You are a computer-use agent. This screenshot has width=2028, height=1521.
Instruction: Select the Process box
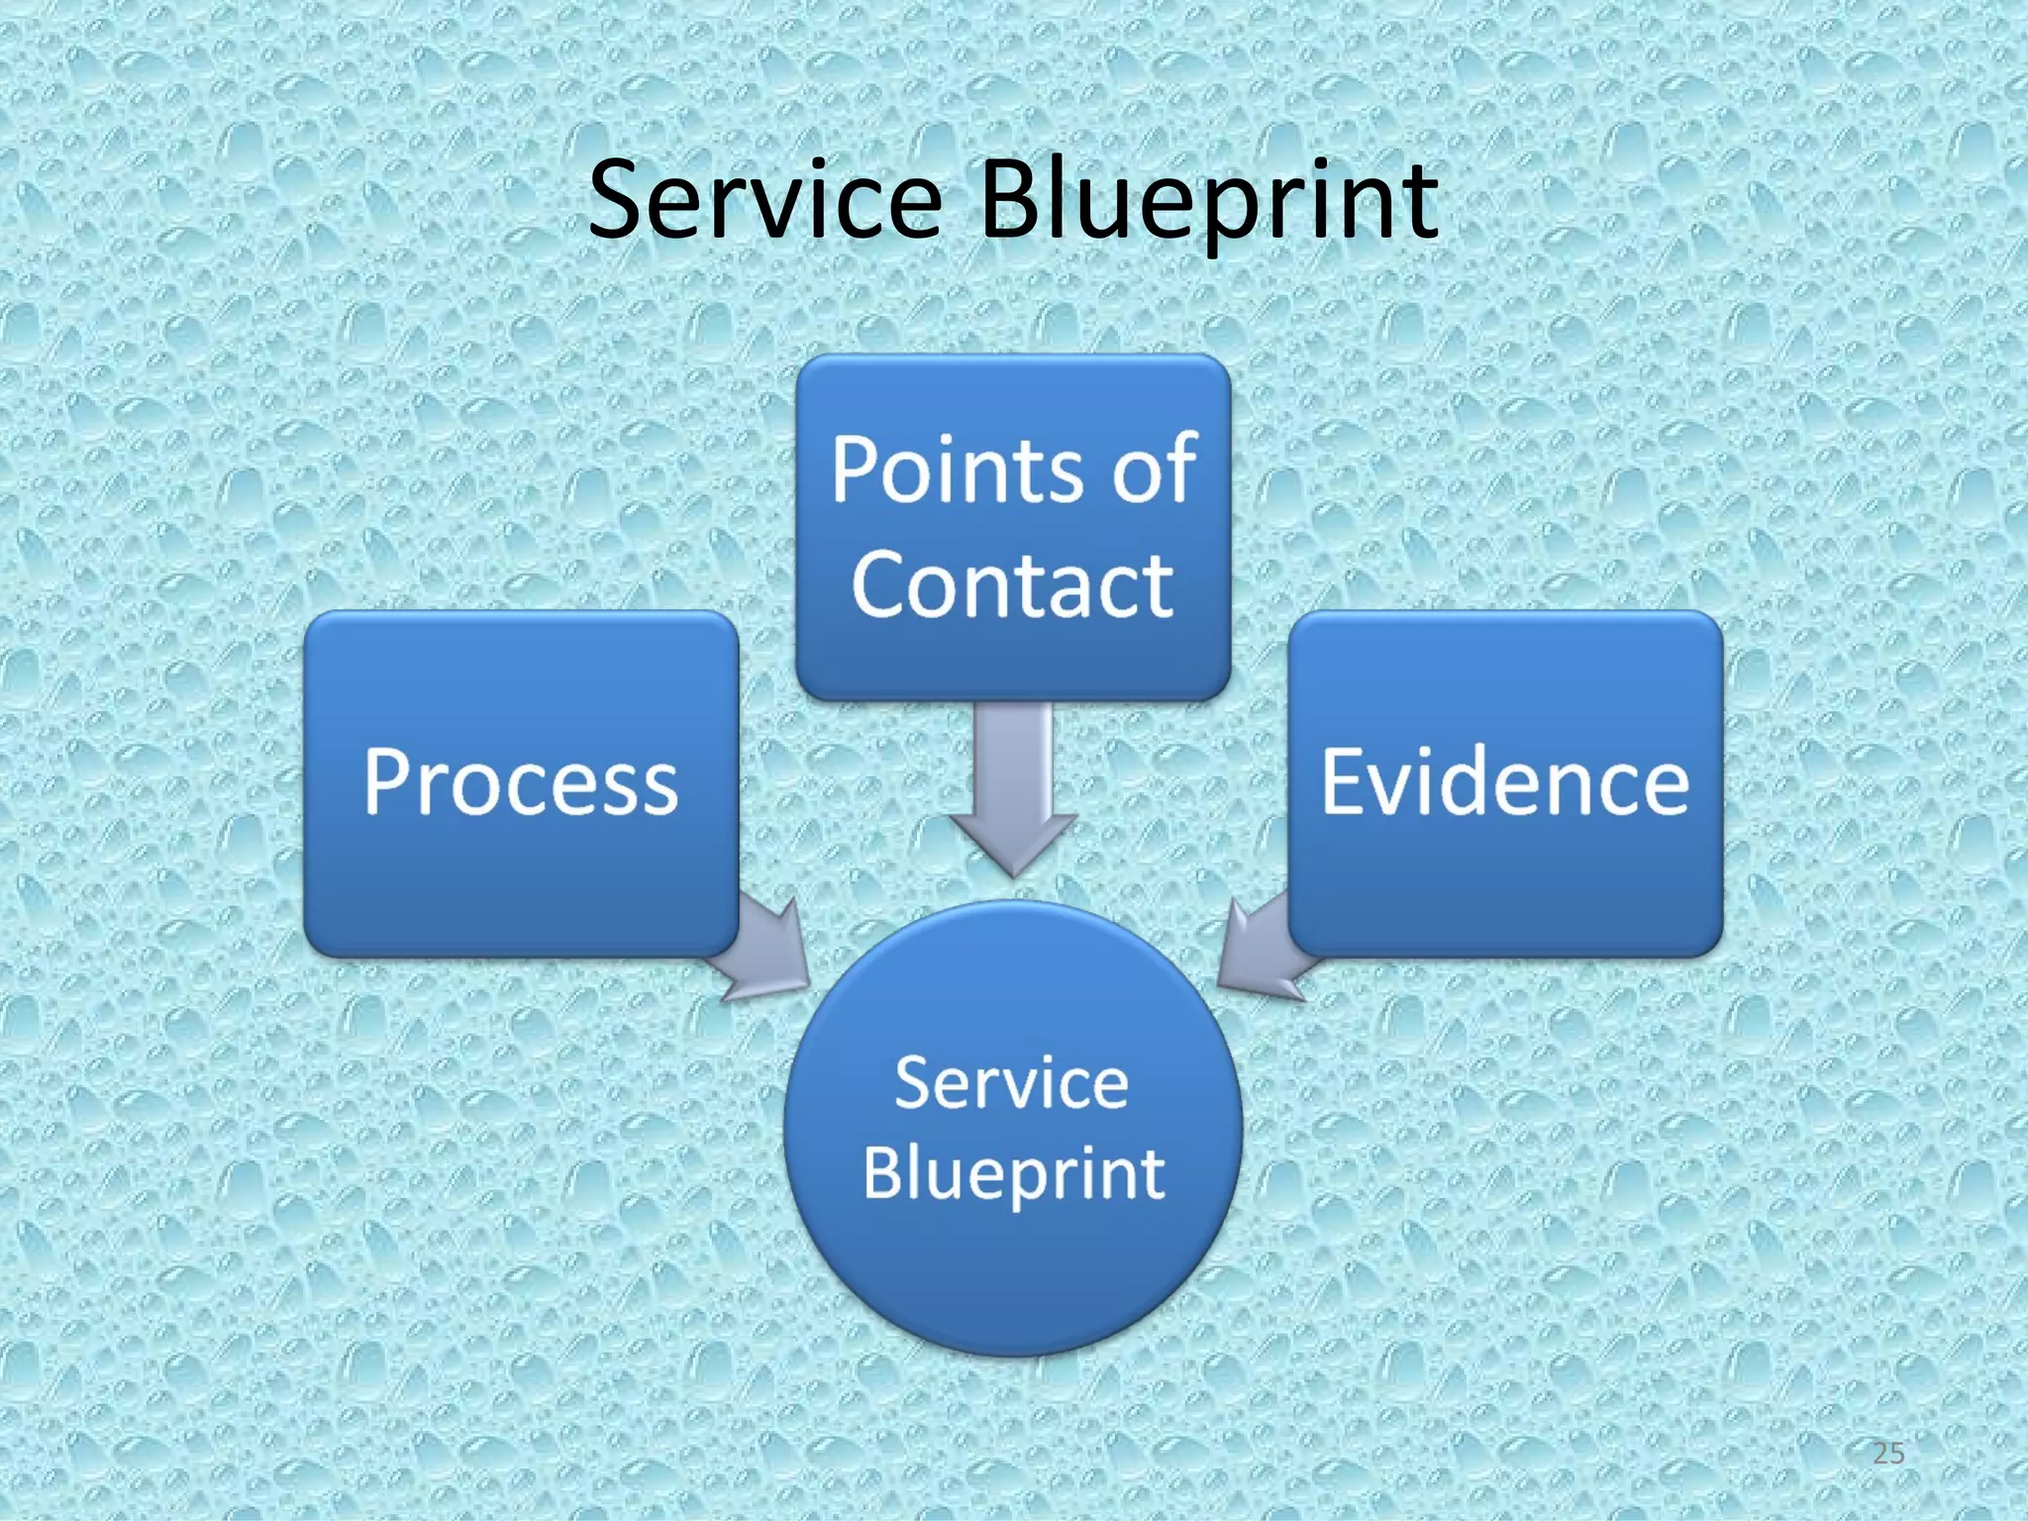[521, 871]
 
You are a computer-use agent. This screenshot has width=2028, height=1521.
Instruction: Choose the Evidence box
[1505, 871]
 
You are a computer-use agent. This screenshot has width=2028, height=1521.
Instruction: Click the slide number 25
[1888, 1454]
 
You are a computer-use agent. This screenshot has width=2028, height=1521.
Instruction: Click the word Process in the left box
[521, 782]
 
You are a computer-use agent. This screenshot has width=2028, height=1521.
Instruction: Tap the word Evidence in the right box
[1505, 782]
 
